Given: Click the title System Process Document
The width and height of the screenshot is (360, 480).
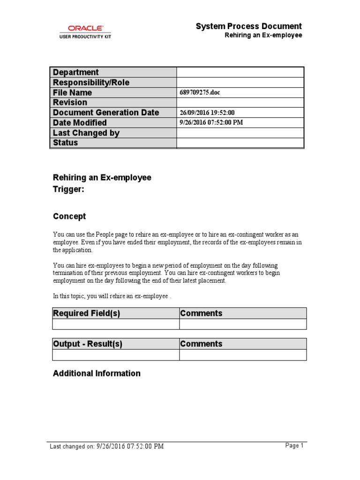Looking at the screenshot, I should pyautogui.click(x=248, y=26).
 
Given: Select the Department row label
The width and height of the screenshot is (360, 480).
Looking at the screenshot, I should pyautogui.click(x=76, y=72).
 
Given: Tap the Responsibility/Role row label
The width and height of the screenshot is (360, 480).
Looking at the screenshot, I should pyautogui.click(x=91, y=82).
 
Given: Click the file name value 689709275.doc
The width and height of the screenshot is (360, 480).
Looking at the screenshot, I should pyautogui.click(x=200, y=93).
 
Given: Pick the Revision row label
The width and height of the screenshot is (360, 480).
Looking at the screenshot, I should pyautogui.click(x=70, y=102).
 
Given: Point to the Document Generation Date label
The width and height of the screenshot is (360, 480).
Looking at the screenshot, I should pyautogui.click(x=106, y=112).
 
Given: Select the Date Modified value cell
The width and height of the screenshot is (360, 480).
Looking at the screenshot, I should pyautogui.click(x=211, y=123).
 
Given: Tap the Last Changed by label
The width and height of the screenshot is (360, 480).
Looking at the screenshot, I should pyautogui.click(x=86, y=133).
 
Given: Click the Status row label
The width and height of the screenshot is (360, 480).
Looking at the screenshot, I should pyautogui.click(x=66, y=142).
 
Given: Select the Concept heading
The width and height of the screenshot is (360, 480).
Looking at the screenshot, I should pyautogui.click(x=69, y=217).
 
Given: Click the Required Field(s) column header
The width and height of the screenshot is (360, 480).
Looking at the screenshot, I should pyautogui.click(x=86, y=314).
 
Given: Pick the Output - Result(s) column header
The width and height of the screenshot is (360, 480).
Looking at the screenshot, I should pyautogui.click(x=88, y=344).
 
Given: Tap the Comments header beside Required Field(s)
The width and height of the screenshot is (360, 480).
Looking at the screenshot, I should pyautogui.click(x=201, y=314).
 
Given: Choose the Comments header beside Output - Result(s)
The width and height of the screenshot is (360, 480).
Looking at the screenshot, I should pyautogui.click(x=201, y=344).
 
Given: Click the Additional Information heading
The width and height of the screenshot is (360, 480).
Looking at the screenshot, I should pyautogui.click(x=97, y=374).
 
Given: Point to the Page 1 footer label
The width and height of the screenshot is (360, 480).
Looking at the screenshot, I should pyautogui.click(x=294, y=446).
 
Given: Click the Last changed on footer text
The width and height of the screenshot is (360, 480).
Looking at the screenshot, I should pyautogui.click(x=107, y=447).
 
